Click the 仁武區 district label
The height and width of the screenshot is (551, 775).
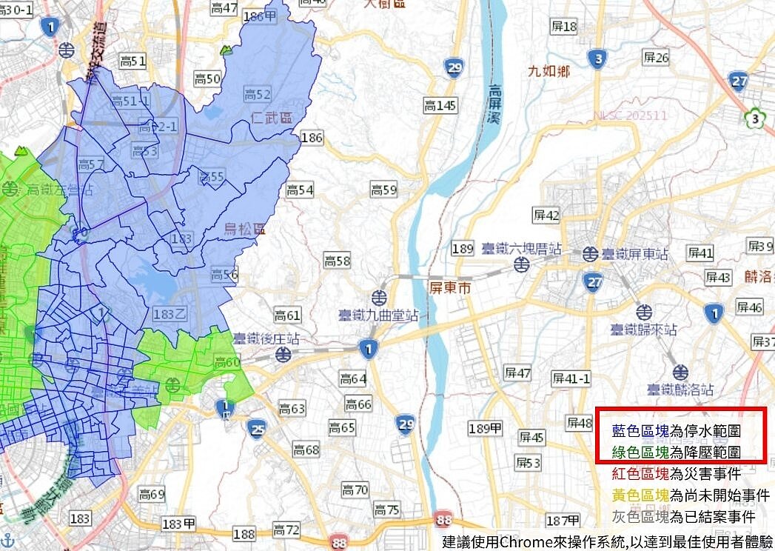pyautogui.click(x=272, y=118)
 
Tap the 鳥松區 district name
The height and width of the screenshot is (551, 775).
pyautogui.click(x=244, y=230)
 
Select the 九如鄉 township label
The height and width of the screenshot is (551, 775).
pyautogui.click(x=548, y=71)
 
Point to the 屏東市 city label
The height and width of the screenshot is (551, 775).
pyautogui.click(x=449, y=287)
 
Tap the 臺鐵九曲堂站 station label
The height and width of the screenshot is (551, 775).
pyautogui.click(x=378, y=315)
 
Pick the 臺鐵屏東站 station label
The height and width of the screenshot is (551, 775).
pyautogui.click(x=634, y=253)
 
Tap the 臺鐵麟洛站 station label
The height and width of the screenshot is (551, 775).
pyautogui.click(x=680, y=388)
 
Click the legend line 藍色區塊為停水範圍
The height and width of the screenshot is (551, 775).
pyautogui.click(x=677, y=430)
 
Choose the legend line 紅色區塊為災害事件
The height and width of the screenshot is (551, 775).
pyautogui.click(x=677, y=473)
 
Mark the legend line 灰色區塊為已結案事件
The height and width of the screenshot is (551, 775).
pyautogui.click(x=683, y=516)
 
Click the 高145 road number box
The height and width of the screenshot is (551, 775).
pyautogui.click(x=440, y=107)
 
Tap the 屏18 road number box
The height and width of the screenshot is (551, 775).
pyautogui.click(x=564, y=27)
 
